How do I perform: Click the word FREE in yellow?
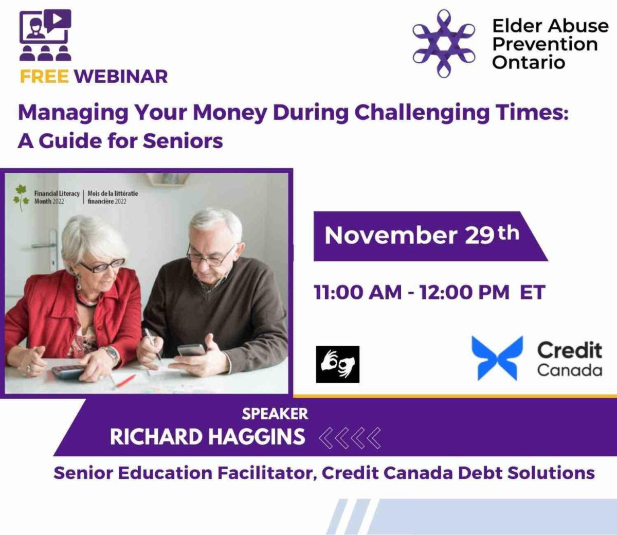45,76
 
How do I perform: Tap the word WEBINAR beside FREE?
121,76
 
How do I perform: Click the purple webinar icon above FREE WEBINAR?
45,35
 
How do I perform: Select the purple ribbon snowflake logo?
444,44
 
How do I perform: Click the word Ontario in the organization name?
529,62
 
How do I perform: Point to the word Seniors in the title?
183,141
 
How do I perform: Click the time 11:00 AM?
358,292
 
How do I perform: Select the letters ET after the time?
533,292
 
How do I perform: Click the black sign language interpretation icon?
338,364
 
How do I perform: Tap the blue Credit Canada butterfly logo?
497,358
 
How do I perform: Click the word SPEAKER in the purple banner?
275,414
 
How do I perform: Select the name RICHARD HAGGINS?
208,437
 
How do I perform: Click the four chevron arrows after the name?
350,438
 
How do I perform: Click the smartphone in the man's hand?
192,350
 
